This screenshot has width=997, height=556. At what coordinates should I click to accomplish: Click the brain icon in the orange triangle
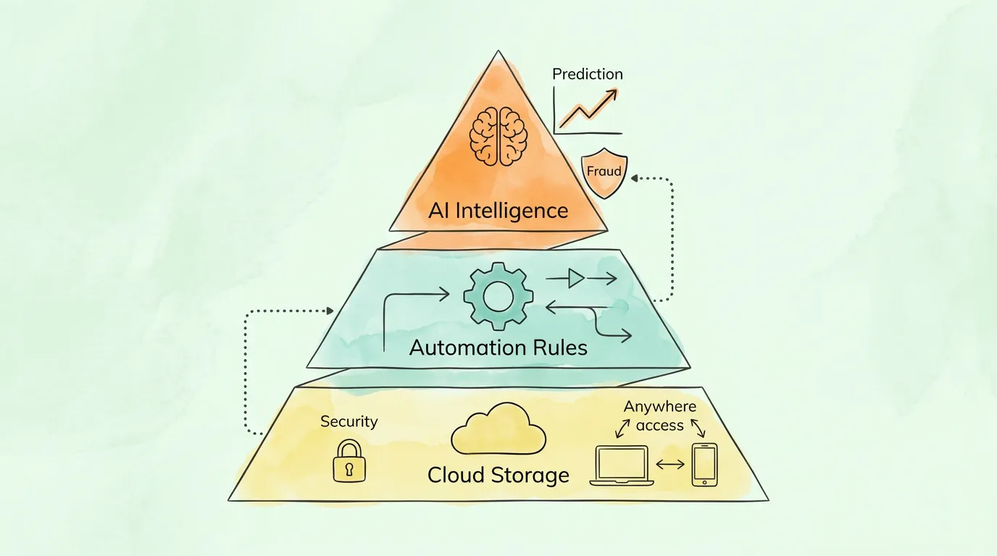[498, 135]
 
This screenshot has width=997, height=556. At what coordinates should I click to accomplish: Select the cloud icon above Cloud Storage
[498, 431]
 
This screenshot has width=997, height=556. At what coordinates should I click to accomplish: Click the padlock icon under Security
[349, 461]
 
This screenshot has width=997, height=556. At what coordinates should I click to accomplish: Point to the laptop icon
[622, 466]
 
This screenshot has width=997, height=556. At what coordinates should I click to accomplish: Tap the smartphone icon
[704, 464]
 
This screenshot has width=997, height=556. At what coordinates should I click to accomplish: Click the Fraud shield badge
[604, 174]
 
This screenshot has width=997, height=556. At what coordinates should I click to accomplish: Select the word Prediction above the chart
[587, 74]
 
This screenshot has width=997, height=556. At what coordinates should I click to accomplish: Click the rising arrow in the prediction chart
[588, 109]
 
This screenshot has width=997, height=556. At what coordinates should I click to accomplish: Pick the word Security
[349, 421]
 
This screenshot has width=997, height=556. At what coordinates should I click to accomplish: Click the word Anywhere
[659, 407]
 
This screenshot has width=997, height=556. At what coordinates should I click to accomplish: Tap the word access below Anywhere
[659, 426]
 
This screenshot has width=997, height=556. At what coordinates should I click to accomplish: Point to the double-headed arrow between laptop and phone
[670, 464]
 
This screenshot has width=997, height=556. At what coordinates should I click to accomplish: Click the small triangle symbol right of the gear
[576, 278]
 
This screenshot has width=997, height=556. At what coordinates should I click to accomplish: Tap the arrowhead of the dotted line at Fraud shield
[633, 177]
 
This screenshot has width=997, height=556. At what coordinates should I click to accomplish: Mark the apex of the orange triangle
[498, 51]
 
